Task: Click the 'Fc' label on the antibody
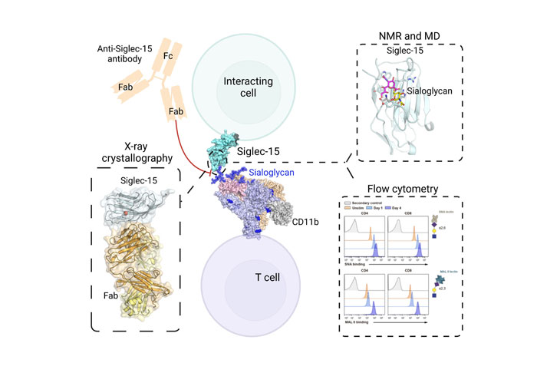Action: tap(168, 56)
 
